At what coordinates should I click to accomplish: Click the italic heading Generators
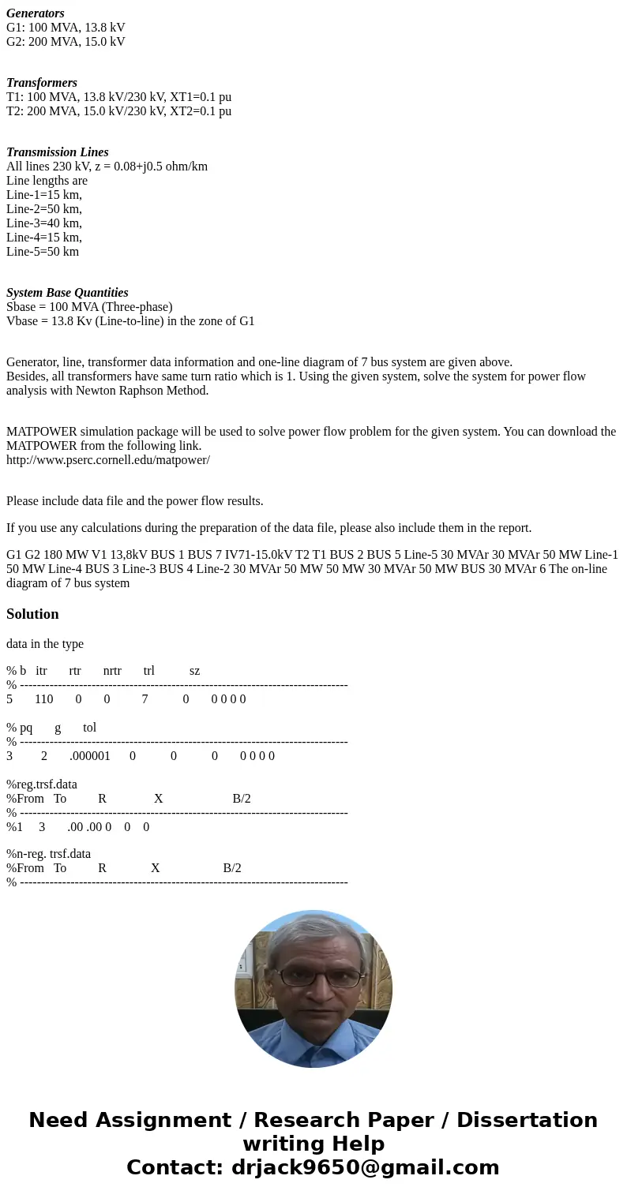[x=36, y=13]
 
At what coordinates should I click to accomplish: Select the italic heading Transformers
[x=42, y=83]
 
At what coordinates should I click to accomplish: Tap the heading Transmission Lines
[x=58, y=152]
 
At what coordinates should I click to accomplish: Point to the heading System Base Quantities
[x=67, y=293]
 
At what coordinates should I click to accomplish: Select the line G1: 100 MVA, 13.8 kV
[x=66, y=28]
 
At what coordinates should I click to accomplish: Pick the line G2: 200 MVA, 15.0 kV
[x=66, y=42]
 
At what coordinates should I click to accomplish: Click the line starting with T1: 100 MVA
[x=118, y=97]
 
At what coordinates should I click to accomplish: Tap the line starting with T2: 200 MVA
[x=118, y=111]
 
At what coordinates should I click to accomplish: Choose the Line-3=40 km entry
[x=44, y=223]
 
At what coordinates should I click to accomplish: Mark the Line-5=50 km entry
[x=43, y=252]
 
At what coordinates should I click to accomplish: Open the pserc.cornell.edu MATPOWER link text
[x=108, y=460]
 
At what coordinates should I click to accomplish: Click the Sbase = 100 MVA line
[x=89, y=307]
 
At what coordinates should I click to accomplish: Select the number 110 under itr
[x=44, y=698]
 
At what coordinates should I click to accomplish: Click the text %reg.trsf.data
[x=42, y=784]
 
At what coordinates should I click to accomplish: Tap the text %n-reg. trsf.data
[x=48, y=853]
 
